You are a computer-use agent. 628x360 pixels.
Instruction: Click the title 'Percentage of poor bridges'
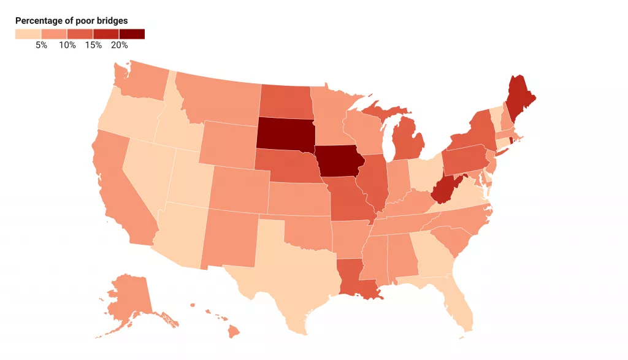point(71,21)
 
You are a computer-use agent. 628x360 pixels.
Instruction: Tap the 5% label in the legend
point(41,45)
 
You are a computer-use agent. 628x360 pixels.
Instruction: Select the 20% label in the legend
point(119,45)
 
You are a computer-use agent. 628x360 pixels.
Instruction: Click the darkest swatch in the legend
point(131,34)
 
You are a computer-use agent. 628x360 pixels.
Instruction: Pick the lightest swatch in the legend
point(28,34)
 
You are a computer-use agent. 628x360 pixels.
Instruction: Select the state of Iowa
point(339,161)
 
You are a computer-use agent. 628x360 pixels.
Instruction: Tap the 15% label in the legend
point(93,45)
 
